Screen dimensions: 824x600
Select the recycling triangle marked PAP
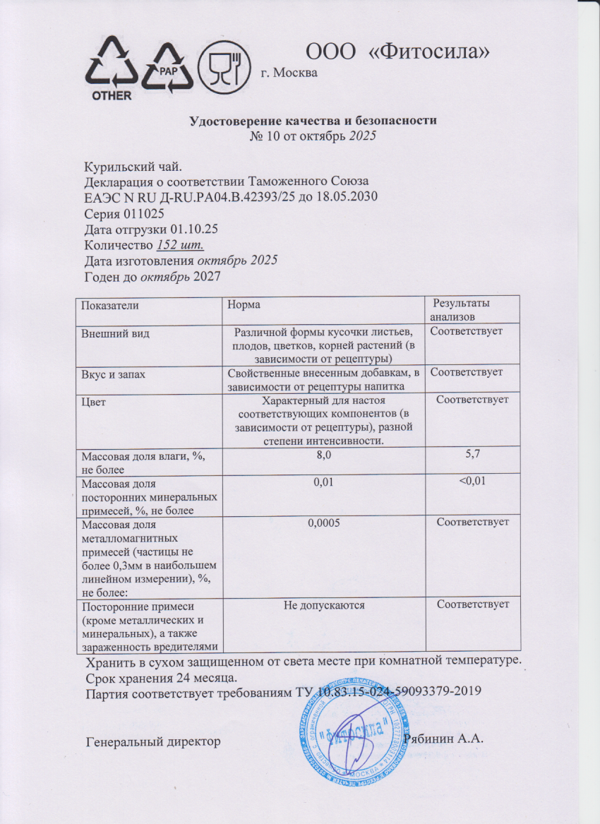point(168,67)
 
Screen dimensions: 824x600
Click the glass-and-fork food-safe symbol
point(225,66)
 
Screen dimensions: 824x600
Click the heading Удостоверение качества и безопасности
point(314,120)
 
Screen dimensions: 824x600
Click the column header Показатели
point(110,305)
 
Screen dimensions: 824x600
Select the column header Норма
point(243,305)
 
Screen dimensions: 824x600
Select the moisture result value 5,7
point(472,458)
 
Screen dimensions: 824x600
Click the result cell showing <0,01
point(472,482)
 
